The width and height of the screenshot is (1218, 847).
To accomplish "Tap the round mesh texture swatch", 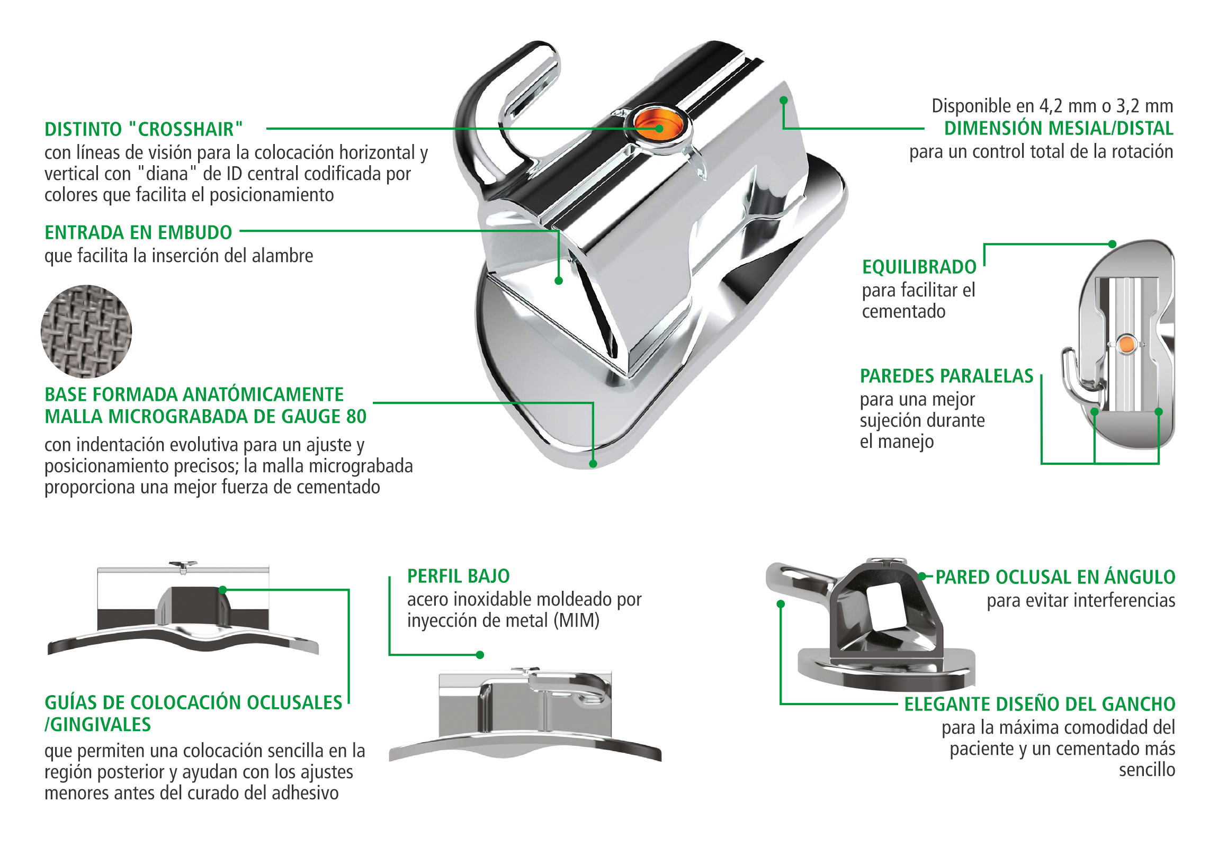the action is pyautogui.click(x=86, y=331).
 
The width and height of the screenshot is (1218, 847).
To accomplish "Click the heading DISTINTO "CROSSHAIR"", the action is pyautogui.click(x=144, y=129).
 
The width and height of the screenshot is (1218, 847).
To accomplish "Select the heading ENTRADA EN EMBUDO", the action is pyautogui.click(x=138, y=232).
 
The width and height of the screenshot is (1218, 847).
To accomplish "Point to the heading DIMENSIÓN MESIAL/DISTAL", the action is pyautogui.click(x=1058, y=128).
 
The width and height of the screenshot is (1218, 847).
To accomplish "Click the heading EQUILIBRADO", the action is pyautogui.click(x=919, y=267).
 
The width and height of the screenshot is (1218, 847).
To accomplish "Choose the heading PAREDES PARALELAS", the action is pyautogui.click(x=946, y=376).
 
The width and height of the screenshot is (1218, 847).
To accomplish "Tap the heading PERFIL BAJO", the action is pyautogui.click(x=459, y=576).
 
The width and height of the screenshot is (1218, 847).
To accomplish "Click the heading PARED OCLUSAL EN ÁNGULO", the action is pyautogui.click(x=1055, y=577).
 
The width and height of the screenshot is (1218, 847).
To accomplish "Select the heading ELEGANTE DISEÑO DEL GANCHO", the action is pyautogui.click(x=1040, y=704).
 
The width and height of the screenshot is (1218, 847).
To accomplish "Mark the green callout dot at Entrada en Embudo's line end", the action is pyautogui.click(x=559, y=281).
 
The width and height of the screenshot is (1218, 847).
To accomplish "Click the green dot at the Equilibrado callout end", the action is pyautogui.click(x=1113, y=244).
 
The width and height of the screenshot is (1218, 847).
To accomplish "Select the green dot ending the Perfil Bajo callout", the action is pyautogui.click(x=480, y=655).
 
